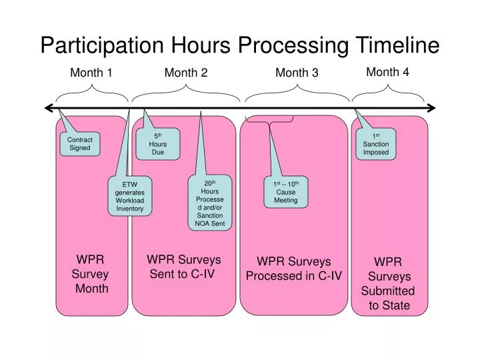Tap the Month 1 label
tap(91, 73)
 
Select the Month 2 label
tap(186, 73)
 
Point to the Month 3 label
tap(297, 73)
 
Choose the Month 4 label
tap(387, 72)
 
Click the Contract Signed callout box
tap(80, 144)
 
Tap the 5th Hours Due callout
tap(158, 143)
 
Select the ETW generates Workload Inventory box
tap(129, 197)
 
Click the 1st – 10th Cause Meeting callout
tap(286, 192)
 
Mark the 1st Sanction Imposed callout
tap(376, 143)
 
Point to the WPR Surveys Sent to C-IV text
tap(183, 267)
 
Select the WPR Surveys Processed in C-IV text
tap(294, 268)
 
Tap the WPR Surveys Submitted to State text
tap(388, 284)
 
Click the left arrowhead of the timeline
tap(47, 107)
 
